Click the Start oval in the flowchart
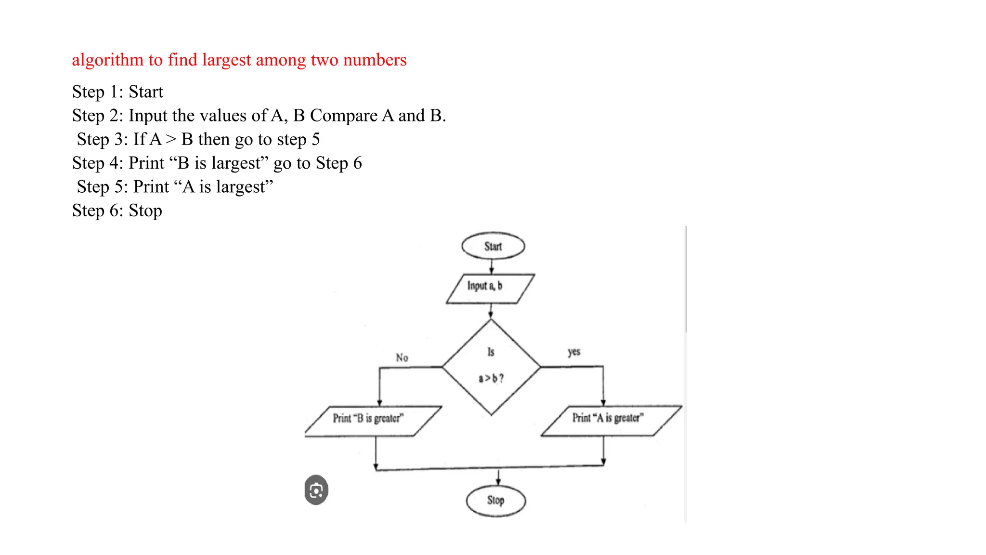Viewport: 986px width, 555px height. (493, 246)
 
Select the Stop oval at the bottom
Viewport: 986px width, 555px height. (495, 501)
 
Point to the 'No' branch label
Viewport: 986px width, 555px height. (402, 357)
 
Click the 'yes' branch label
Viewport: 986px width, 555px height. (574, 352)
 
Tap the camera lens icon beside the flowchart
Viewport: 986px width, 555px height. (316, 490)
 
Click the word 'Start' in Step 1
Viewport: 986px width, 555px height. (146, 92)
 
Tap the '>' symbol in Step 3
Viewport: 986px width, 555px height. (171, 139)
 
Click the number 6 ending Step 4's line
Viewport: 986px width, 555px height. (357, 163)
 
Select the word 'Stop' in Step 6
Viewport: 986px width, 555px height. (145, 211)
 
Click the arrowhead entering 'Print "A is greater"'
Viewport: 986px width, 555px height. (603, 402)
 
